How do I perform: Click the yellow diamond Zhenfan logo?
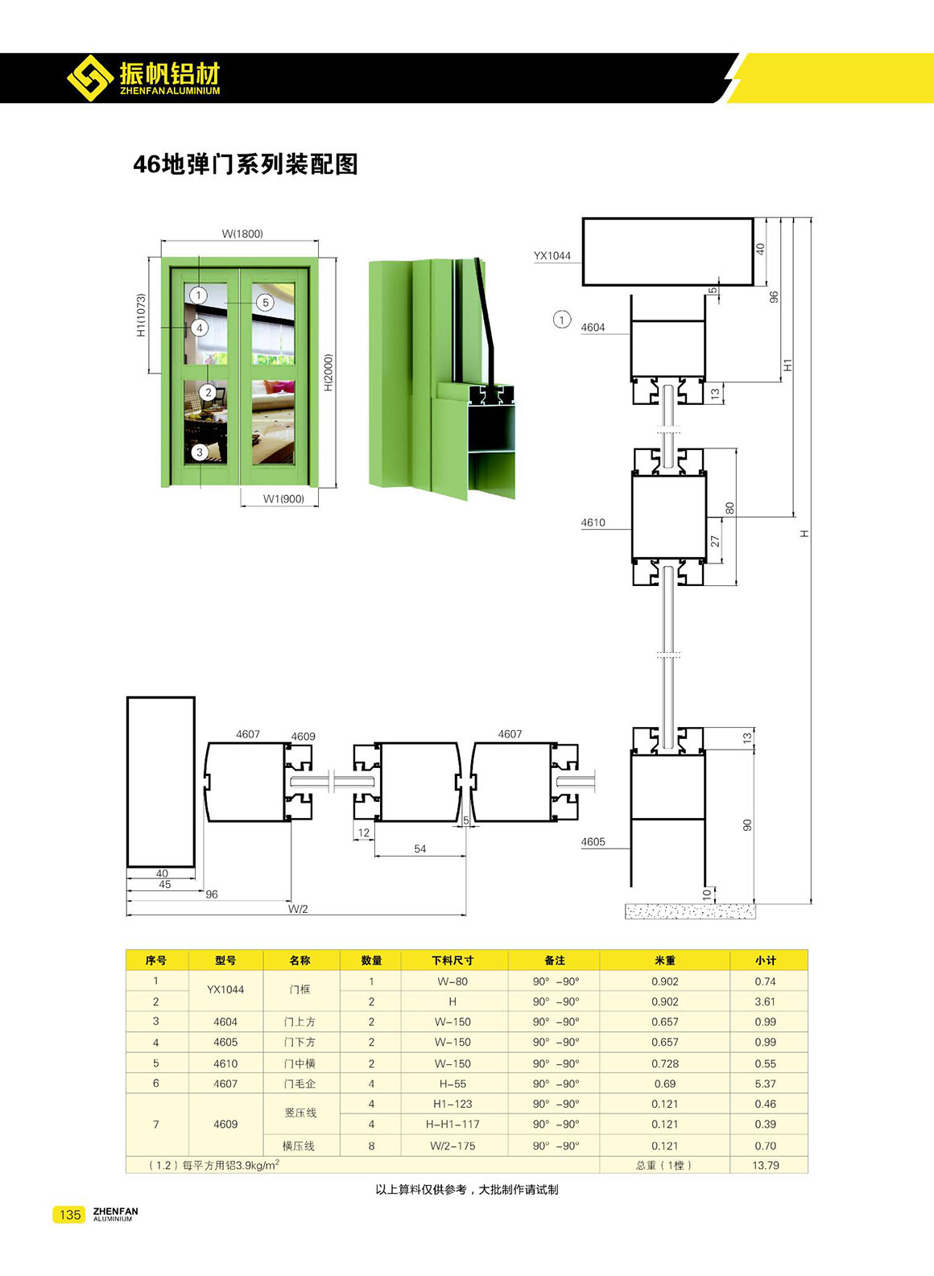coord(90,78)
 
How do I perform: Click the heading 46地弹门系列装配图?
coord(246,164)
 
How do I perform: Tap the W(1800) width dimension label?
coord(242,233)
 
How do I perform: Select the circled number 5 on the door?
coord(265,303)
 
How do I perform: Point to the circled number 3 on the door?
coord(200,452)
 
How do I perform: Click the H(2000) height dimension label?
coord(329,373)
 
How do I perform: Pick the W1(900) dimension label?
coord(283,499)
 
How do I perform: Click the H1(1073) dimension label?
coord(142,315)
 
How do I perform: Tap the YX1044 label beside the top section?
coord(552,256)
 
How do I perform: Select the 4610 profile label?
coord(593,522)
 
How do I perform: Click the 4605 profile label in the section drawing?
coord(593,842)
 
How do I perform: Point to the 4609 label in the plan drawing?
coord(304,737)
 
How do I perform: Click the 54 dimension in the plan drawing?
coord(420,849)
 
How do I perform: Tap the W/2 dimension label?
coord(297,909)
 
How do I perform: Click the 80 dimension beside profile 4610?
coord(730,508)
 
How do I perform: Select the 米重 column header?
coord(665,960)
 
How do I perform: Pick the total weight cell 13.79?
coord(766,1166)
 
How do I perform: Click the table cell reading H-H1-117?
coord(453,1125)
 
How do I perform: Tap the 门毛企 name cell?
coord(300,1084)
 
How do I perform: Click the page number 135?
coord(70,1215)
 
